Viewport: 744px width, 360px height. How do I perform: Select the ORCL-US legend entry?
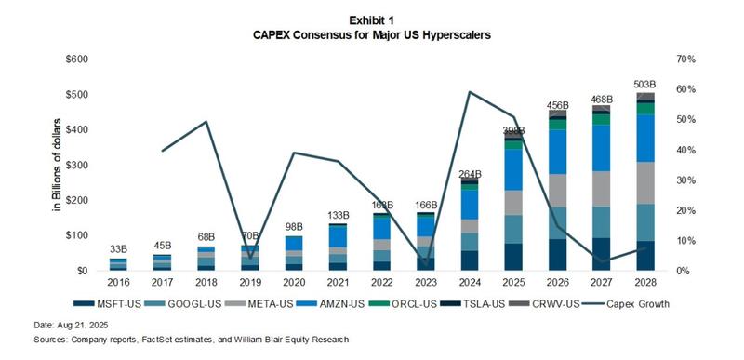pyautogui.click(x=429, y=303)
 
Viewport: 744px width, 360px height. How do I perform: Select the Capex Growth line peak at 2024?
pyautogui.click(x=470, y=92)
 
